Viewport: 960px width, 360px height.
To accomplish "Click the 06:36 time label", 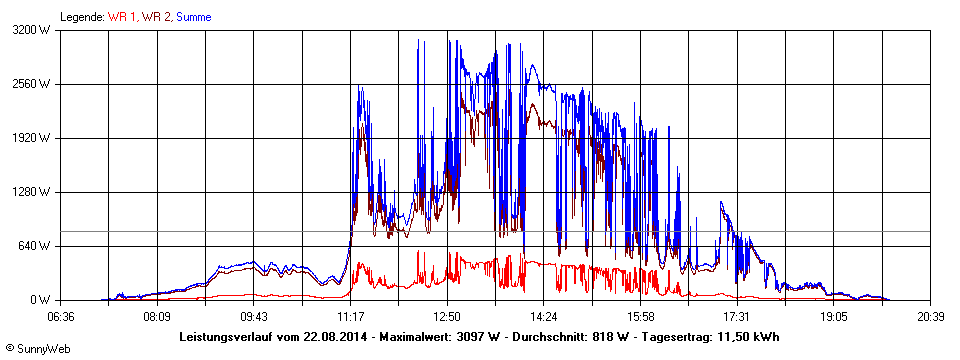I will pos(61,316).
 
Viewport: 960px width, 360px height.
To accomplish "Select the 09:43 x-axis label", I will pos(254,316).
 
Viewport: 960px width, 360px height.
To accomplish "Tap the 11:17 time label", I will pos(350,316).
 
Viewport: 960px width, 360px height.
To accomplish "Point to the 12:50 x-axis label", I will pos(447,316).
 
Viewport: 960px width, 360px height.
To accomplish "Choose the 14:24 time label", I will pos(543,316).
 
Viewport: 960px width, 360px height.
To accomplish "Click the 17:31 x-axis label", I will pos(737,316).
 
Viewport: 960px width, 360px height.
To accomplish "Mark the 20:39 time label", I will pos(930,316).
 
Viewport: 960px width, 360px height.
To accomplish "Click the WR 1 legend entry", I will pos(122,17).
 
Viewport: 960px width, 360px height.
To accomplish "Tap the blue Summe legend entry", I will pos(194,17).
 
